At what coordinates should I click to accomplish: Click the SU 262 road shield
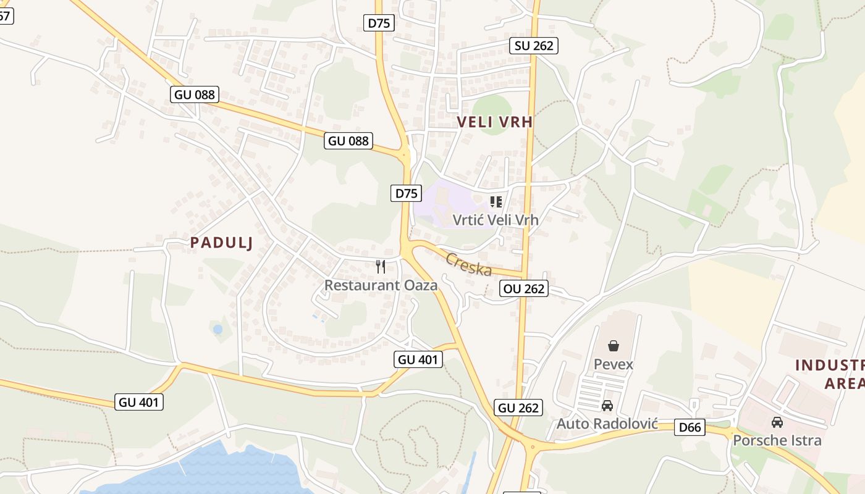coord(534,45)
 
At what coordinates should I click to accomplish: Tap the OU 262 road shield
coord(524,288)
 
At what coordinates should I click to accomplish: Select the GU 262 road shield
coord(518,408)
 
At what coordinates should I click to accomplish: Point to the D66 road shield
coord(690,427)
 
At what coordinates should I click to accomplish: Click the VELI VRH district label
coord(495,122)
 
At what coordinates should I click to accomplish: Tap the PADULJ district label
coord(222,243)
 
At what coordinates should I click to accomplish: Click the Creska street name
coord(469,265)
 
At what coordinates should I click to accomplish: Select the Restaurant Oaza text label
coord(381,285)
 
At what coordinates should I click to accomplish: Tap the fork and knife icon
coord(381,267)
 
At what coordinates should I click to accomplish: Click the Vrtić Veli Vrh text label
coord(496,220)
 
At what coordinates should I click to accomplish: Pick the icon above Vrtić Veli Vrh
coord(496,201)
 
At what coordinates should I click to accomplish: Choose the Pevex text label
coord(614,364)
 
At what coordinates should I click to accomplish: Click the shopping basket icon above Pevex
coord(614,346)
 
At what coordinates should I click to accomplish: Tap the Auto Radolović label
coord(607,424)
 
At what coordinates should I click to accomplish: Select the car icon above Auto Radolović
coord(607,406)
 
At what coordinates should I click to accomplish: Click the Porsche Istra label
coord(777,440)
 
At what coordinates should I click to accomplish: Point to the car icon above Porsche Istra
coord(777,422)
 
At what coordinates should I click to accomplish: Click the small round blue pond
coord(217,330)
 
